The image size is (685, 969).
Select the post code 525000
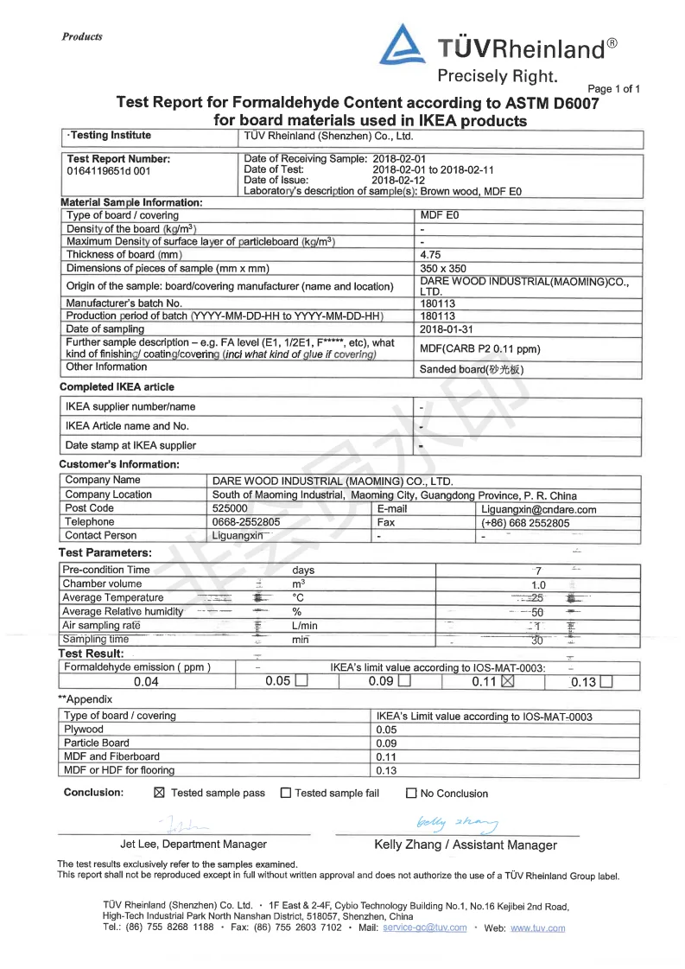[230, 509]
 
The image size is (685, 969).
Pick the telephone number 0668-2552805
[246, 523]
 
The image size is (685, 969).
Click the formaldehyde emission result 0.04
[146, 682]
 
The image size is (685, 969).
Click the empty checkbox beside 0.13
[606, 682]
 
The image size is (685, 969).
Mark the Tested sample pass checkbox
[159, 793]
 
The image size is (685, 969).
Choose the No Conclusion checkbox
[411, 794]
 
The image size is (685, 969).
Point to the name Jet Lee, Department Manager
[193, 845]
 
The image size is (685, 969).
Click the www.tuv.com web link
[537, 928]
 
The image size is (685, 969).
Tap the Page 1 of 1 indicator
[613, 89]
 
